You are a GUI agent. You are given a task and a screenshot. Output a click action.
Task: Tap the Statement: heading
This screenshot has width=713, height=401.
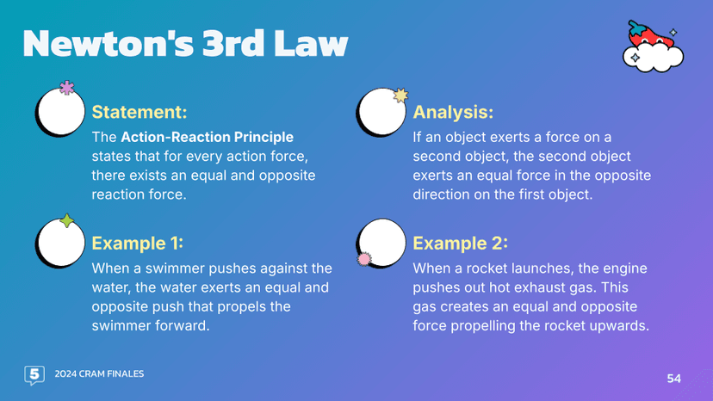pyautogui.click(x=139, y=112)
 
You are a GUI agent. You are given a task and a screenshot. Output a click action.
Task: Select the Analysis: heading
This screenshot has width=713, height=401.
pyautogui.click(x=453, y=112)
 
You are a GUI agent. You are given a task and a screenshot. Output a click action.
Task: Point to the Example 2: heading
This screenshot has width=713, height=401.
pyautogui.click(x=460, y=242)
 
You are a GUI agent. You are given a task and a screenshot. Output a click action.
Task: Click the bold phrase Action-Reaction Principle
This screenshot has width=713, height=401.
pyautogui.click(x=207, y=137)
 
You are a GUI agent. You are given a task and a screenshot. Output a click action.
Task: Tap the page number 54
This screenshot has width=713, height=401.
pyautogui.click(x=673, y=378)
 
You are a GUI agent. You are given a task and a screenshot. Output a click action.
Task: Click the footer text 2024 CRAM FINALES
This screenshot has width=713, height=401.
pyautogui.click(x=99, y=373)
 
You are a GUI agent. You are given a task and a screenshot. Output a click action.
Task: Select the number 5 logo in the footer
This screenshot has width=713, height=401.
pyautogui.click(x=34, y=374)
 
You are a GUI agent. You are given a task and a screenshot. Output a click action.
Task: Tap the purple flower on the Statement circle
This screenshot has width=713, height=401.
pyautogui.click(x=66, y=88)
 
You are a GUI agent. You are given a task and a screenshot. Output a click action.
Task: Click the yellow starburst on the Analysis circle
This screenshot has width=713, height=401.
pyautogui.click(x=400, y=96)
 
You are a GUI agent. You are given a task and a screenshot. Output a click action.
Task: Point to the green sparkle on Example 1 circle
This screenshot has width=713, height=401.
pyautogui.click(x=66, y=220)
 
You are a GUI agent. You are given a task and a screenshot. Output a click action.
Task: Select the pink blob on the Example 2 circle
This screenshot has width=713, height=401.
pyautogui.click(x=364, y=257)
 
